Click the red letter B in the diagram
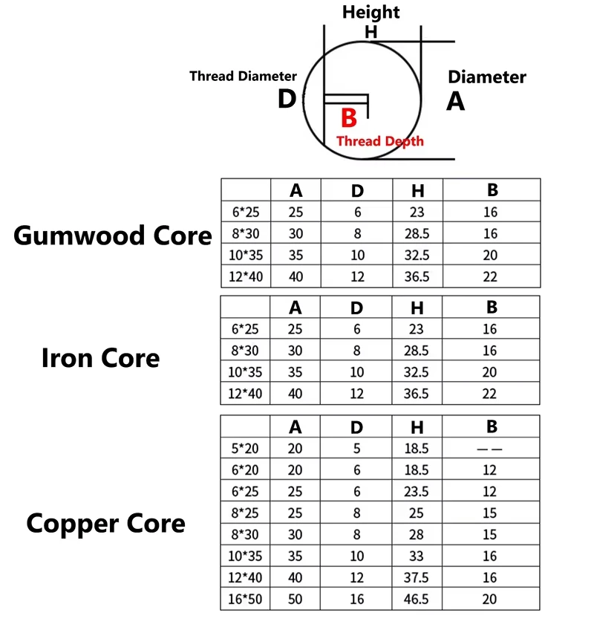click(x=349, y=118)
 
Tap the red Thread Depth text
click(x=379, y=142)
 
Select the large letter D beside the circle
click(x=287, y=99)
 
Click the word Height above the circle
click(x=371, y=13)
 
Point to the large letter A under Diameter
click(x=456, y=101)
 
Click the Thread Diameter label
click(x=243, y=76)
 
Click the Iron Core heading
click(x=100, y=357)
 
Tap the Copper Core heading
click(x=105, y=524)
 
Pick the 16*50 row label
click(x=245, y=599)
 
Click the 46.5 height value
click(x=416, y=599)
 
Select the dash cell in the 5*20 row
click(x=489, y=449)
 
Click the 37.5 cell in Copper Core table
click(x=416, y=577)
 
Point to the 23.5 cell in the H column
click(x=416, y=492)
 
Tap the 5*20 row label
click(x=245, y=448)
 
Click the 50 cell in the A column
click(x=295, y=599)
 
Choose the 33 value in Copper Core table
click(x=416, y=556)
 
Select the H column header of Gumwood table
click(x=418, y=191)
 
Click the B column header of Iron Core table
click(x=492, y=307)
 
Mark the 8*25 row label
click(x=245, y=513)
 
